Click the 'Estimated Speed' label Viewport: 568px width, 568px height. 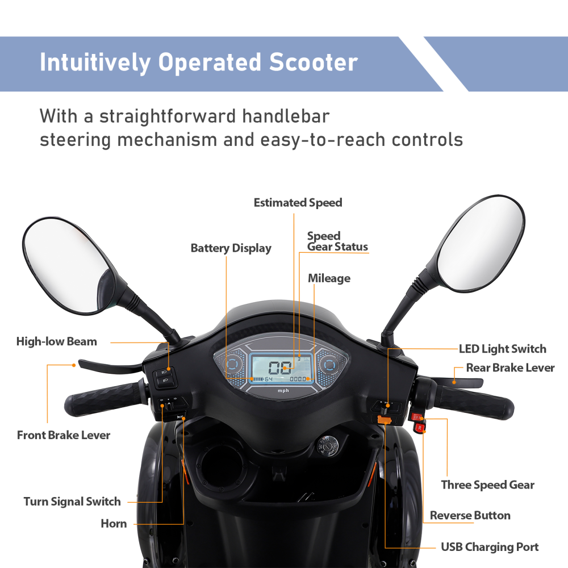click(298, 203)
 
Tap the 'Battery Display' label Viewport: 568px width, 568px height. click(231, 248)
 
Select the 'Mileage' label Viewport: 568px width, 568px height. click(329, 278)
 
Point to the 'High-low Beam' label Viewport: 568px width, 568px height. click(56, 341)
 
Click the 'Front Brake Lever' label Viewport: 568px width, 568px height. click(64, 435)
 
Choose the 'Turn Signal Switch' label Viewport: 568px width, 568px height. click(72, 502)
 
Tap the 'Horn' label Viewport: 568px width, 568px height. click(114, 523)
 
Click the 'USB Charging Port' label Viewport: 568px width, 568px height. click(490, 547)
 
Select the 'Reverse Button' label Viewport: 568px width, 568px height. click(470, 515)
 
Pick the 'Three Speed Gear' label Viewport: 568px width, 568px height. click(487, 485)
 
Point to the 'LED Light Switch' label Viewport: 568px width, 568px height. click(502, 349)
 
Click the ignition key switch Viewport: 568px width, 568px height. click(329, 446)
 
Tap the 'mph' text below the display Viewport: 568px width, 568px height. click(283, 390)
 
